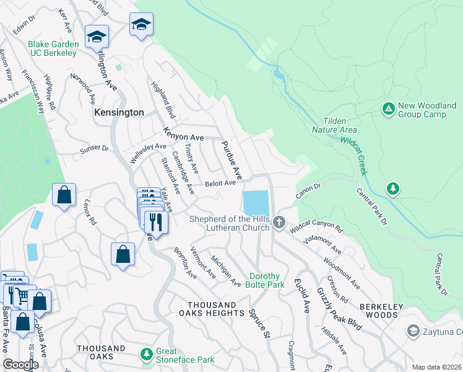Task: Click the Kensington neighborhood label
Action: coord(119,113)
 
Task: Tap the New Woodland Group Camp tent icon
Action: coord(388,109)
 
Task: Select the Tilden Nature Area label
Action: coord(340,125)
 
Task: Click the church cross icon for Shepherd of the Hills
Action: coord(279,222)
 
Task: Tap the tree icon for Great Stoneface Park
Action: coord(147,354)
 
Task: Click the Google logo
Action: coord(20,364)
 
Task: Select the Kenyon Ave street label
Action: coord(183,133)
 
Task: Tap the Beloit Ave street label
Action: coord(221,183)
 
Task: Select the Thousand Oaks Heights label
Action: coord(212,309)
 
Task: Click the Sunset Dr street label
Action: coord(94,149)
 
